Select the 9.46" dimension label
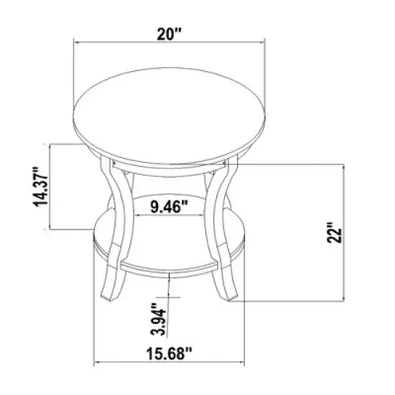point(169,209)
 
